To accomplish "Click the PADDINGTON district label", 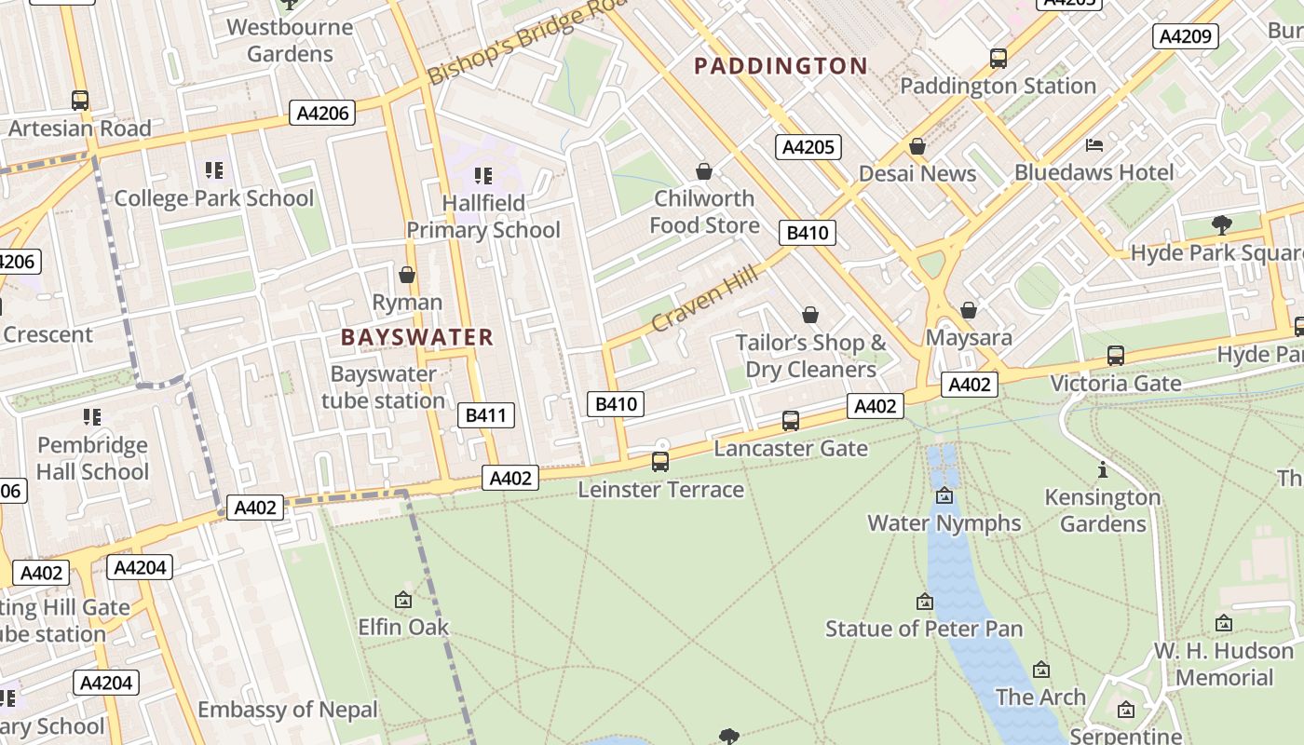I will pos(781,66).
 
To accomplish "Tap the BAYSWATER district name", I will pos(416,337).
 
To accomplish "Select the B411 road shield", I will pos(485,415).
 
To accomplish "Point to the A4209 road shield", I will pos(1186,36).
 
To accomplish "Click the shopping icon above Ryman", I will pos(407,275).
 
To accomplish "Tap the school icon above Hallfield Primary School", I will pos(482,175).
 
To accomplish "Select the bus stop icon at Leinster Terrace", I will pos(660,461).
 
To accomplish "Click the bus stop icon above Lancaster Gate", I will pos(791,420).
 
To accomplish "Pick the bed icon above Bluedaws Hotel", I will pos(1094,145).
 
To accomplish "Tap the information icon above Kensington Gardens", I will pos(1103,469).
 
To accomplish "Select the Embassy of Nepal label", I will pos(288,710).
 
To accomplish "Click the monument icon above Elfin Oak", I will pos(403,600).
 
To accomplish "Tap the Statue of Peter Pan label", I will pos(924,629).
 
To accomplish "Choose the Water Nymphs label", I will pos(944,522).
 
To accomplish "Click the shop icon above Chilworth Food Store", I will pos(704,171).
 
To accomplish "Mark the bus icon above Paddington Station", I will pos(998,58).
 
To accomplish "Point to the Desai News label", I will pos(917,173).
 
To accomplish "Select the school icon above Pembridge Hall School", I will pos(91,416).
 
